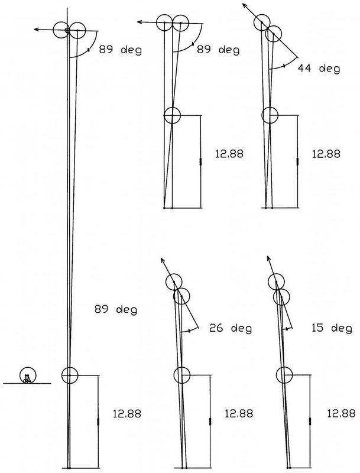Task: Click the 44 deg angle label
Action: pos(319,69)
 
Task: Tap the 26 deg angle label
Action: pos(231,328)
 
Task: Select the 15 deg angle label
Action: pos(332,328)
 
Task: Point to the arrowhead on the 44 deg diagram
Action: pos(245,6)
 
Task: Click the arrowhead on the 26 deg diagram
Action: pos(162,261)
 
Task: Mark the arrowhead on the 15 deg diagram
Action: pos(268,259)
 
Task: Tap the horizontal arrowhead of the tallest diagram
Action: pos(37,29)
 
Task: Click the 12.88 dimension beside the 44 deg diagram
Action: pos(326,154)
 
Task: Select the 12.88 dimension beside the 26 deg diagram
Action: pos(239,413)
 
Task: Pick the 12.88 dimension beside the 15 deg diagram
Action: pos(341,413)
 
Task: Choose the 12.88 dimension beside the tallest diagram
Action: pos(127,413)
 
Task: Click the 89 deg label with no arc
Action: pos(116,310)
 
